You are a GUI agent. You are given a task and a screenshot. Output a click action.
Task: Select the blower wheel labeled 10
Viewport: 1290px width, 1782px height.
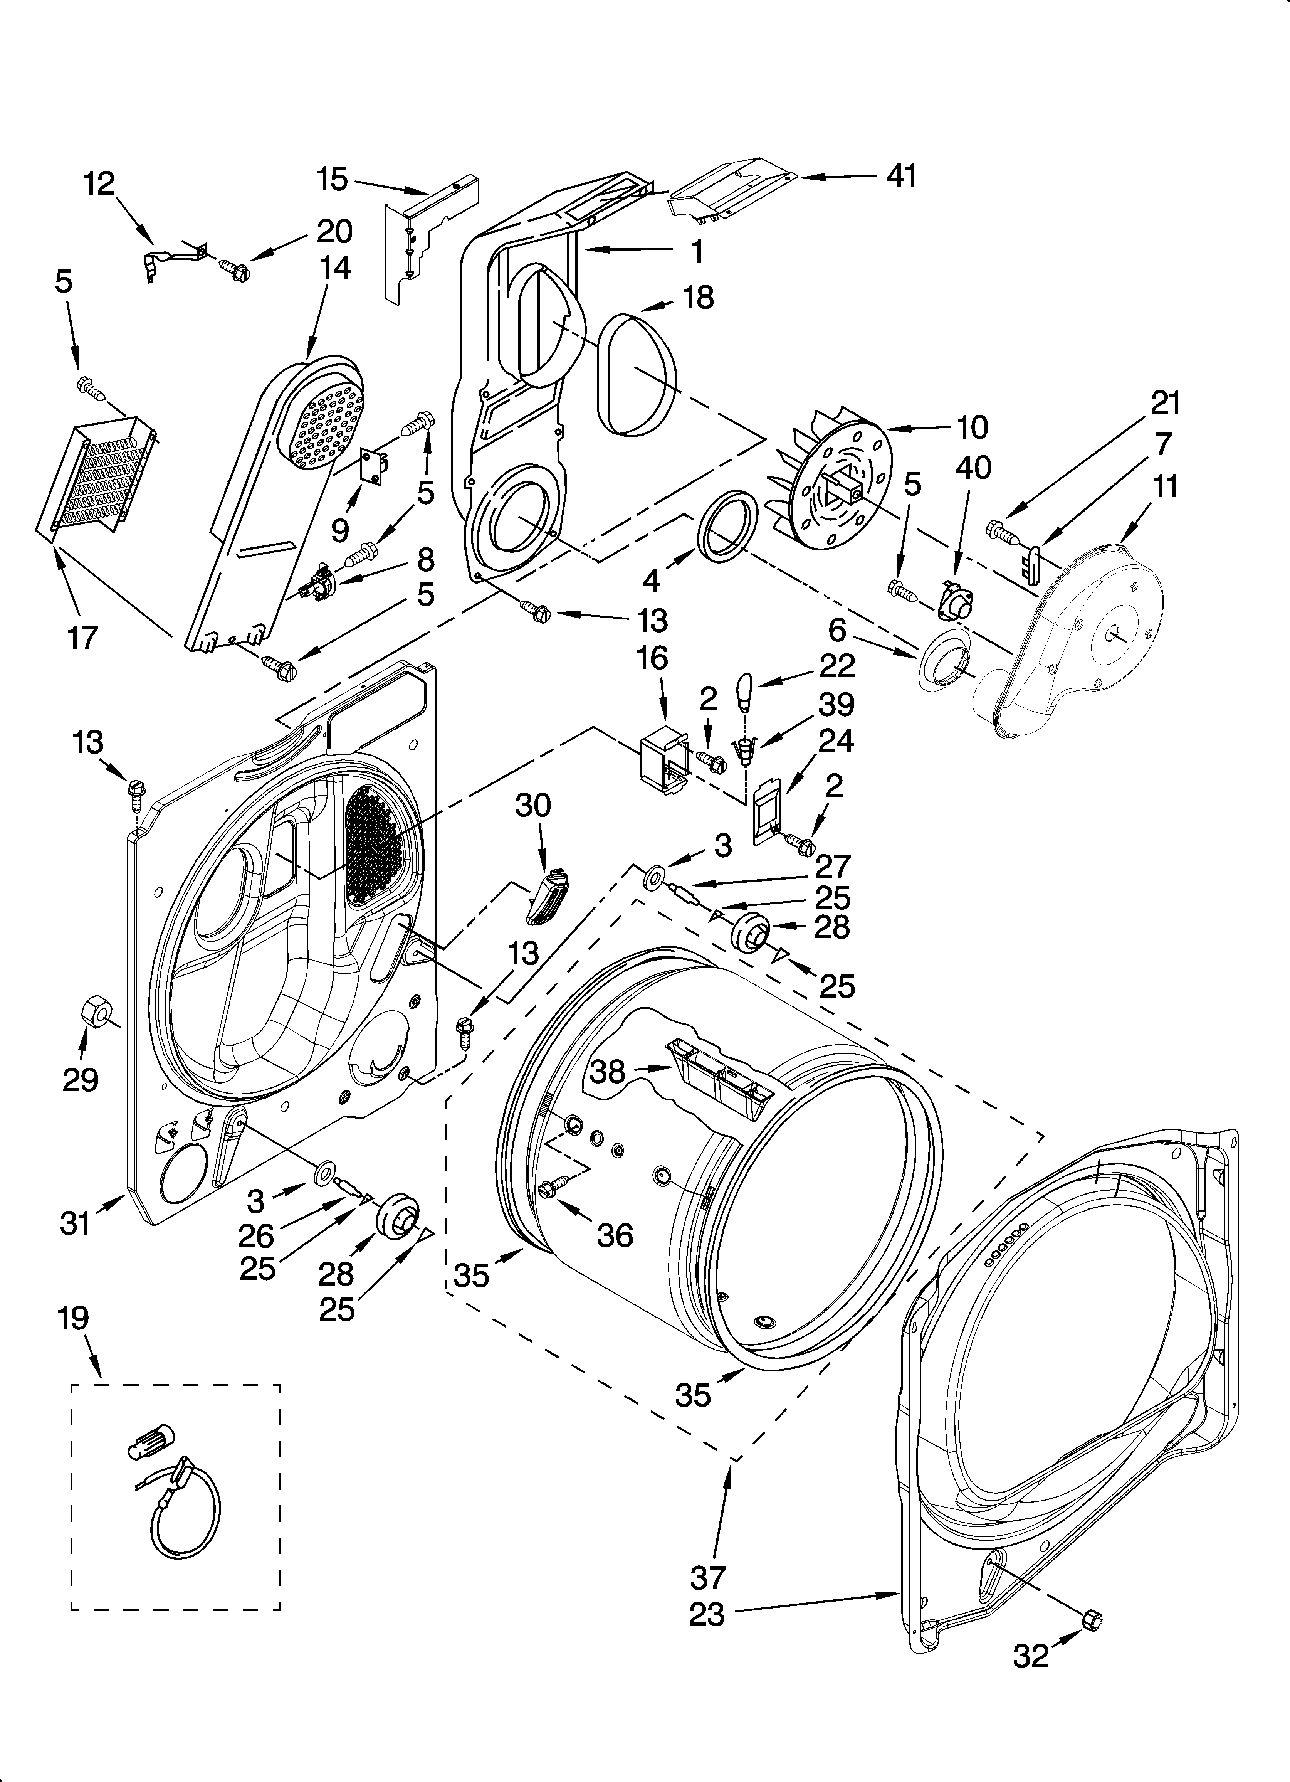click(834, 485)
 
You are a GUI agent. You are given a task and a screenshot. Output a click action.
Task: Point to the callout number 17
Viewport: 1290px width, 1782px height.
click(82, 638)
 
